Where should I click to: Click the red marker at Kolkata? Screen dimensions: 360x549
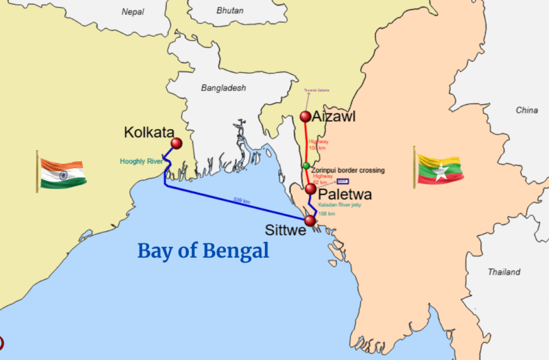click(176, 143)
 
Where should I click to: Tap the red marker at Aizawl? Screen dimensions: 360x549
click(305, 116)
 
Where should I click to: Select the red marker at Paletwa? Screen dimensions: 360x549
click(310, 189)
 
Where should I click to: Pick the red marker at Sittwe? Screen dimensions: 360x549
click(309, 220)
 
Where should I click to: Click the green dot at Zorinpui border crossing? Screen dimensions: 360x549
click(306, 165)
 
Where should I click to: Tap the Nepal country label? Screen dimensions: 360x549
click(133, 11)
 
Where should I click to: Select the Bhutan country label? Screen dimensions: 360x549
click(229, 11)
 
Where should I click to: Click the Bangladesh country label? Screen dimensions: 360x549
click(223, 88)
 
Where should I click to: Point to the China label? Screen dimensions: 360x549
click(526, 111)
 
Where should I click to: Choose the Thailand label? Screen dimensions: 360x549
click(504, 272)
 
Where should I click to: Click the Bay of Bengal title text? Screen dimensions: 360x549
click(203, 251)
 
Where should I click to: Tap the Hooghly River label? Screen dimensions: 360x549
click(141, 162)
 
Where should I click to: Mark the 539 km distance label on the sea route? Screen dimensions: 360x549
click(241, 201)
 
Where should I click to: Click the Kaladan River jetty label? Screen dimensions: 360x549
click(339, 205)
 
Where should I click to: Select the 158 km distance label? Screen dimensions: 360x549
click(326, 213)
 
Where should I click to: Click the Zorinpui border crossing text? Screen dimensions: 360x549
click(348, 171)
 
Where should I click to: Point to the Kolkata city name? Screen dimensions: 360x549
click(149, 133)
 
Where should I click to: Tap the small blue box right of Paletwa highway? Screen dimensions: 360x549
click(343, 181)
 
